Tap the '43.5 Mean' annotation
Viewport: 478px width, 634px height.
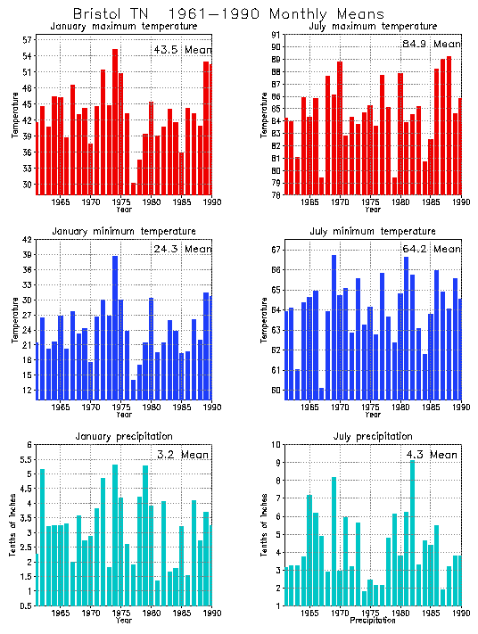click(x=182, y=50)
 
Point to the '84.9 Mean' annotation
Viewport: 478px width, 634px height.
click(x=432, y=44)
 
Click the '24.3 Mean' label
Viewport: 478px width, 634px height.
click(x=182, y=250)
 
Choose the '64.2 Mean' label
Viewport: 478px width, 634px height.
click(x=432, y=249)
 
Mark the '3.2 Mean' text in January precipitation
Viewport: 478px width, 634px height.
click(x=182, y=455)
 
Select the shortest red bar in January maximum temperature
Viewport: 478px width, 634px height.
click(x=134, y=188)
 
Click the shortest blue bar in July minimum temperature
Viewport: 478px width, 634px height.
click(x=321, y=393)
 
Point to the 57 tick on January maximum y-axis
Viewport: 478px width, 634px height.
click(x=27, y=40)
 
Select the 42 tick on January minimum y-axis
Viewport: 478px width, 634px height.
click(x=27, y=240)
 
